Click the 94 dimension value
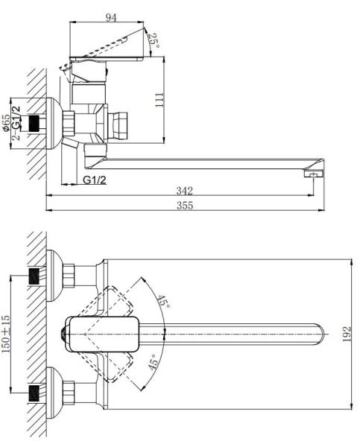(x=111, y=18)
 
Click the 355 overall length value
(x=183, y=206)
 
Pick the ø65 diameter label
(x=7, y=122)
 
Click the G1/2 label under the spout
(x=94, y=180)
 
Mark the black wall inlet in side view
(x=31, y=124)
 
